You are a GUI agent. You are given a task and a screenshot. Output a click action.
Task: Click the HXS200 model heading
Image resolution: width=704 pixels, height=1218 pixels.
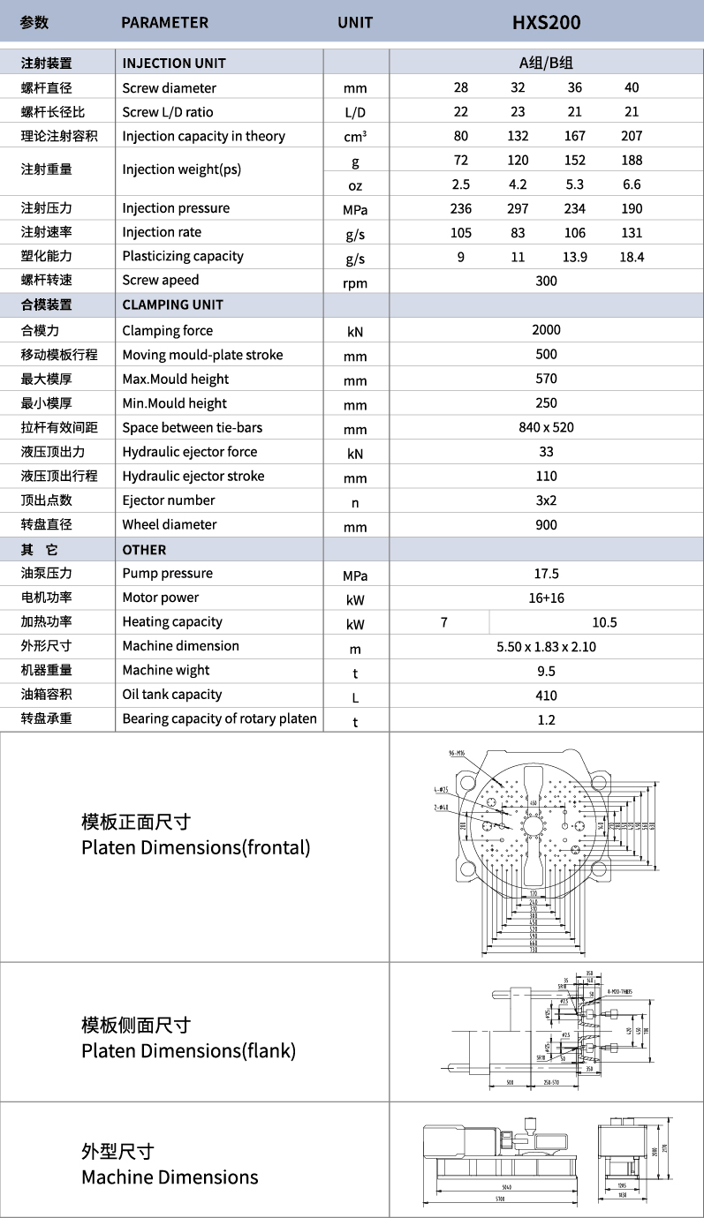click(x=546, y=22)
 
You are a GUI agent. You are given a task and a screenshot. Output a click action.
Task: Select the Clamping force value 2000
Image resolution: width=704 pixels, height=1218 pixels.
click(x=546, y=330)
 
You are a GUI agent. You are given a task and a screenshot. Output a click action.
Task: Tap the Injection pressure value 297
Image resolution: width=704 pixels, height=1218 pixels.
click(x=518, y=208)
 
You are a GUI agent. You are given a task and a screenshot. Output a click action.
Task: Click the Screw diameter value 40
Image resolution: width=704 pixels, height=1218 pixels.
click(x=631, y=87)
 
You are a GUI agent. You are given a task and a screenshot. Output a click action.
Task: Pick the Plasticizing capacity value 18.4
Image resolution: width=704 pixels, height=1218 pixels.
click(x=631, y=257)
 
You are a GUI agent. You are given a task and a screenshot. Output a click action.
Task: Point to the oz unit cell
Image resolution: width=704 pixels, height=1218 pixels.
click(x=355, y=184)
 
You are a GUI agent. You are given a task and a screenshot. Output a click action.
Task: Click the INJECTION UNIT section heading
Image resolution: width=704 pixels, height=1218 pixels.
click(x=174, y=63)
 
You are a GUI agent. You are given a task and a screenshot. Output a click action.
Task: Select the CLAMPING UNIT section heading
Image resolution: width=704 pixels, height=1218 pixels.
click(x=172, y=304)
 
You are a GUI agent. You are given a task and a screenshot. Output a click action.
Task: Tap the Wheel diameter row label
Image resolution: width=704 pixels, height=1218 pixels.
click(x=169, y=524)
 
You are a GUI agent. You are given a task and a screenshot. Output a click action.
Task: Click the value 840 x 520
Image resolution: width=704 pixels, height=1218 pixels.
click(x=546, y=427)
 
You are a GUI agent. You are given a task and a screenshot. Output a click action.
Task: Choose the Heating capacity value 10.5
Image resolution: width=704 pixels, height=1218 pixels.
click(x=604, y=622)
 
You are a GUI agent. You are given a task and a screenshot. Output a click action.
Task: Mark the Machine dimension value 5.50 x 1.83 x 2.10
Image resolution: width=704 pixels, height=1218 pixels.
click(x=546, y=647)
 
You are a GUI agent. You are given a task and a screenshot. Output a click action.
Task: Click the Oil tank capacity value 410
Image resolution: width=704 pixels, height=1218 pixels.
click(x=546, y=695)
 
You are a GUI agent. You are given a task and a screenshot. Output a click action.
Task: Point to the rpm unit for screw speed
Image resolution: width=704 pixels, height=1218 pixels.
click(x=355, y=282)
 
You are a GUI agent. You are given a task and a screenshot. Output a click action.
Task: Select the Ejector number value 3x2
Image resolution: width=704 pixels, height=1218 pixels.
click(x=546, y=500)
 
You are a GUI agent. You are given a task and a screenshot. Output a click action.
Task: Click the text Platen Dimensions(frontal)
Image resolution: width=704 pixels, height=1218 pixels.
click(x=195, y=847)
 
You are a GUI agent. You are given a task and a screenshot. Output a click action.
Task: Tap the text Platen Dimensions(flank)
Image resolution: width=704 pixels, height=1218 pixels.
click(x=188, y=1050)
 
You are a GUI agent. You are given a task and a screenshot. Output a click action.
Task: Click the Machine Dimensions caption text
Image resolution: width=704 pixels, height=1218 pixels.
click(x=170, y=1177)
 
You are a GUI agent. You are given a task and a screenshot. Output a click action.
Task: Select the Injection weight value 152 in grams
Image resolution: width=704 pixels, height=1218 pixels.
click(x=575, y=160)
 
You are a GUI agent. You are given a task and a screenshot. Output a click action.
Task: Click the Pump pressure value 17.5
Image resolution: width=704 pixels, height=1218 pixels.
click(x=546, y=574)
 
